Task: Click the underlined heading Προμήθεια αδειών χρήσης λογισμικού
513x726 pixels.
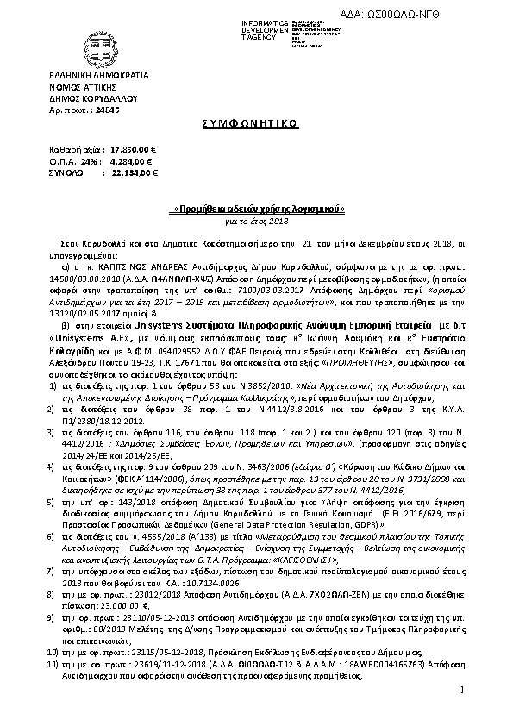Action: pyautogui.click(x=256, y=210)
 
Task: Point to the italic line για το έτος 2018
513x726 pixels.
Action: pyautogui.click(x=256, y=220)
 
